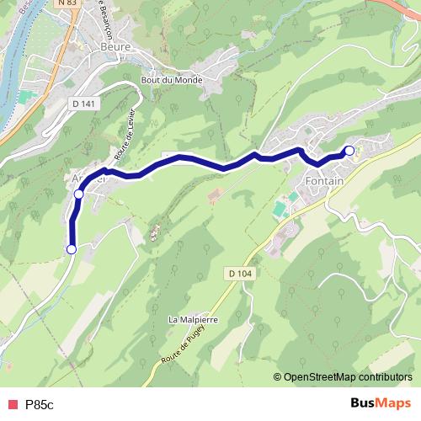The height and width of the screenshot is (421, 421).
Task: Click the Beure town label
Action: point(115,47)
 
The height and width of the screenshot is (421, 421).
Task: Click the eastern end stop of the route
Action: point(349,151)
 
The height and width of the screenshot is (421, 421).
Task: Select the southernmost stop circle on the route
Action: point(72,249)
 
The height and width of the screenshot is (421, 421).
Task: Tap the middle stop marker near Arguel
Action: point(79,195)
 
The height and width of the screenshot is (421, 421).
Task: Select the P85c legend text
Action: point(39,404)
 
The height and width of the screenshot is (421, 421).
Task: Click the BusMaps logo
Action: point(380,403)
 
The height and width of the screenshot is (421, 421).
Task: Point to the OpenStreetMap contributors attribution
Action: point(347,376)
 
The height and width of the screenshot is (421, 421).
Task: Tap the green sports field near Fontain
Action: point(279,205)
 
